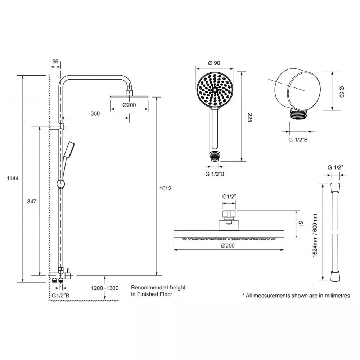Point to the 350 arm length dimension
coord(95,113)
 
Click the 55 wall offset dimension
coord(55,62)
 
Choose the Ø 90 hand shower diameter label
coord(215,63)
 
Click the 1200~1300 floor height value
coord(104,288)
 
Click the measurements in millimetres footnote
coord(296,296)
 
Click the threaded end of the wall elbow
coord(298,114)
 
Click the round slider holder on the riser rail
coord(62,184)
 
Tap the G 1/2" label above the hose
coord(336,167)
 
